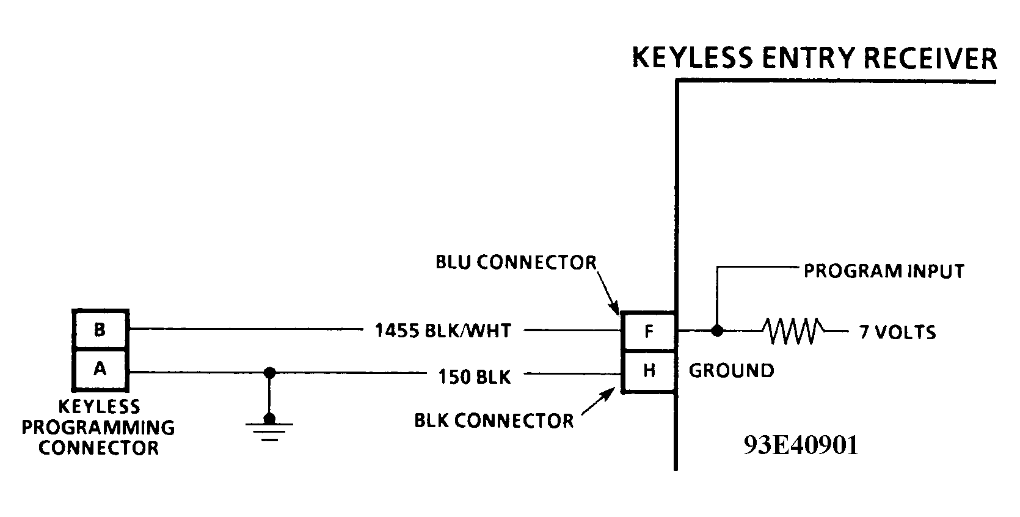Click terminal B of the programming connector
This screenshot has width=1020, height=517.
(x=100, y=330)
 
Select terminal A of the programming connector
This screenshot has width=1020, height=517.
(x=100, y=369)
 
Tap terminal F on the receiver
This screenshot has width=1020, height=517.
(x=649, y=332)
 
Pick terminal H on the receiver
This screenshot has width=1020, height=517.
(x=649, y=370)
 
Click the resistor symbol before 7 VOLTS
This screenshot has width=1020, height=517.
(x=792, y=331)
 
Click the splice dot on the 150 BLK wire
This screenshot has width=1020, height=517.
(x=269, y=372)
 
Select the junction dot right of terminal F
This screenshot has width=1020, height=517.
(x=717, y=331)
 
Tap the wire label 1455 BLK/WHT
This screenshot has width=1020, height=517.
(x=443, y=331)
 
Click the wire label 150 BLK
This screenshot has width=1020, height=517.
(x=474, y=376)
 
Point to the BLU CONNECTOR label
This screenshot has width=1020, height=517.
(x=515, y=262)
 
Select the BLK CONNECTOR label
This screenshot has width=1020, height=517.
(x=494, y=420)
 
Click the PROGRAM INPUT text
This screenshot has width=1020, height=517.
(x=883, y=271)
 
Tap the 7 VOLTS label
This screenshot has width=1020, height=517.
(x=897, y=332)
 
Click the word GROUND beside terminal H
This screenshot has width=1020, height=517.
(x=731, y=370)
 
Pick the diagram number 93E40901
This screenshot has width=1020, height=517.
(x=801, y=446)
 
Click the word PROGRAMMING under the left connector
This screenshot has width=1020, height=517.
(x=98, y=427)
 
